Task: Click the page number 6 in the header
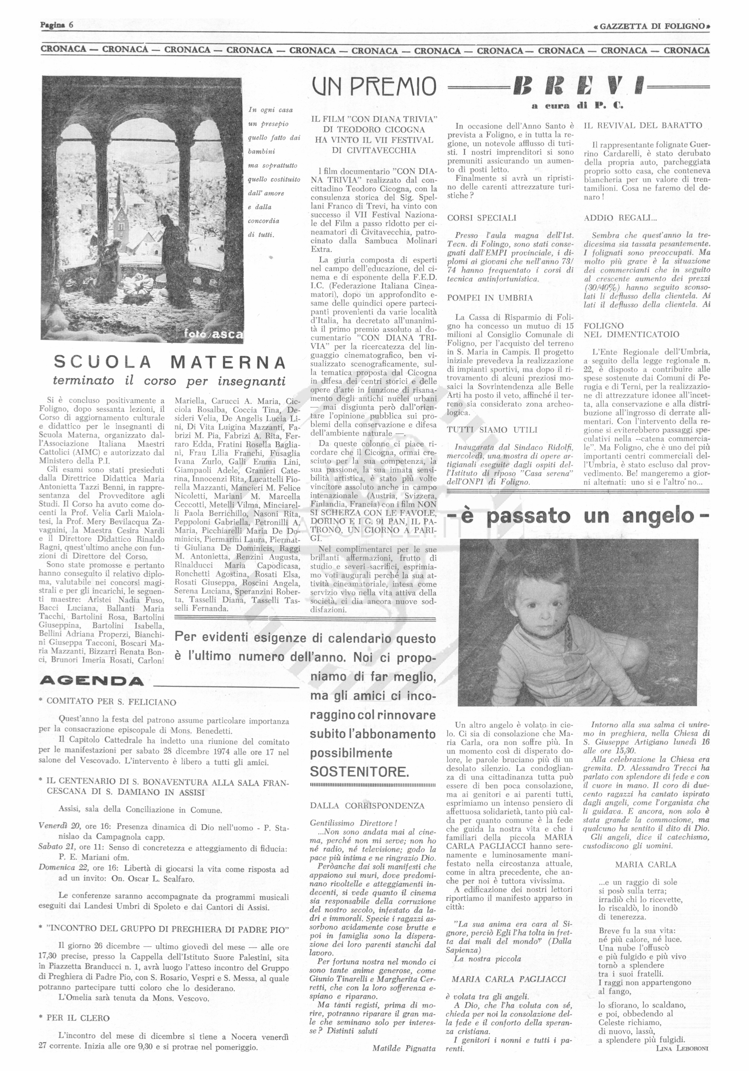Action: tap(71, 25)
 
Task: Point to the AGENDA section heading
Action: tap(92, 681)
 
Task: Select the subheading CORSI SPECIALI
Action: tap(482, 218)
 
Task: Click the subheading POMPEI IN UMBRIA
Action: tap(490, 298)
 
